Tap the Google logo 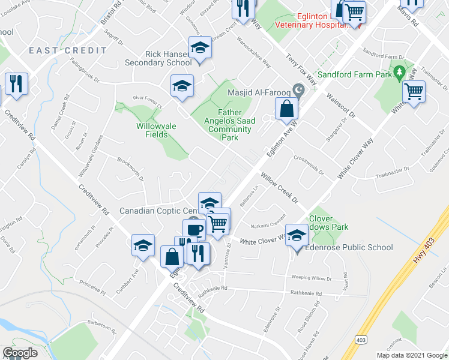tap(20, 352)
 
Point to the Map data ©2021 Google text tap(411, 355)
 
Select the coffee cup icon tap(194, 230)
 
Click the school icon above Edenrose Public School tap(297, 236)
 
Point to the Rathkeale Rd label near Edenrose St tap(306, 293)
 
